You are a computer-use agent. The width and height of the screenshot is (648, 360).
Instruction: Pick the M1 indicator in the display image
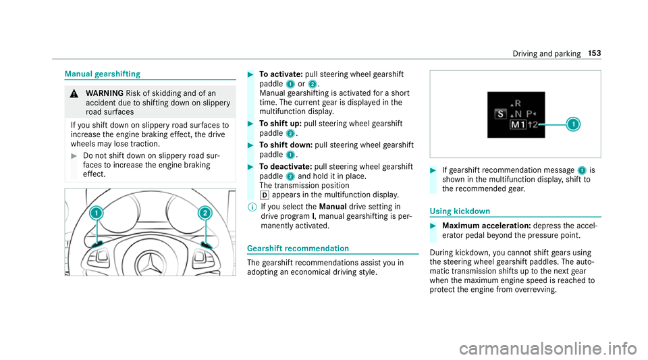[x=518, y=126]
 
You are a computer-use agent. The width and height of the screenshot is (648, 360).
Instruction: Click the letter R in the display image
[x=518, y=103]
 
